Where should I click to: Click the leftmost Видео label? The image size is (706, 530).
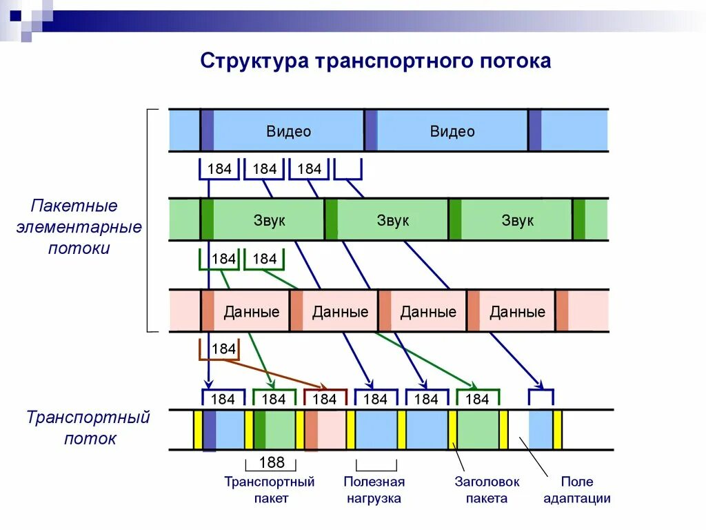pyautogui.click(x=289, y=131)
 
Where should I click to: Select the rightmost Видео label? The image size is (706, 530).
pyautogui.click(x=452, y=131)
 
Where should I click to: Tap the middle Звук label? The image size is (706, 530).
pyautogui.click(x=392, y=220)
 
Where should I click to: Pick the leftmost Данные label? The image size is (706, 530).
pyautogui.click(x=252, y=311)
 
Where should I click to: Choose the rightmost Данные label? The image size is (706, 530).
pyautogui.click(x=517, y=311)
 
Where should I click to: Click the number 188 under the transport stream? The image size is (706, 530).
pyautogui.click(x=272, y=462)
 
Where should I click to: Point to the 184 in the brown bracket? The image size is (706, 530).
pyautogui.click(x=223, y=349)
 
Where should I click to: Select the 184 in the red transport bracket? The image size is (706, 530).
pyautogui.click(x=324, y=399)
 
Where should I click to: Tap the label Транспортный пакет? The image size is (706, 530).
pyautogui.click(x=270, y=490)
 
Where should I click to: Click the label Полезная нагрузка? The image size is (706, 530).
pyautogui.click(x=374, y=490)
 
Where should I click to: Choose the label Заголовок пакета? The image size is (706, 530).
pyautogui.click(x=487, y=490)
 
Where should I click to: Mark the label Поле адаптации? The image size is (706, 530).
pyautogui.click(x=576, y=490)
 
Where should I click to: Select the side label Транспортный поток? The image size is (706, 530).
pyautogui.click(x=88, y=428)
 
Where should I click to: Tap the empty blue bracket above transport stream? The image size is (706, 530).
pyautogui.click(x=541, y=397)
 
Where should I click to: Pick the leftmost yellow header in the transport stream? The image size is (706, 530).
pyautogui.click(x=198, y=430)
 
